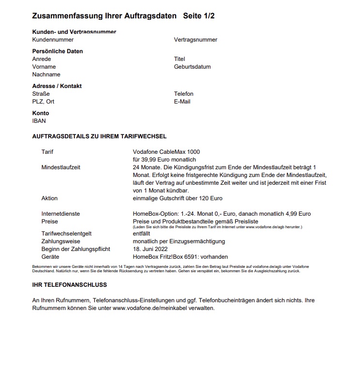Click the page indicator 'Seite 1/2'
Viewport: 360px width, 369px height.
pyautogui.click(x=198, y=16)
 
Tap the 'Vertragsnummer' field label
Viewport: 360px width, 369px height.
pyautogui.click(x=195, y=40)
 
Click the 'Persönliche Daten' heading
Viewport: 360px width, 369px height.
pyautogui.click(x=57, y=51)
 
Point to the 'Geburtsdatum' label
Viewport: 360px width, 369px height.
pyautogui.click(x=192, y=67)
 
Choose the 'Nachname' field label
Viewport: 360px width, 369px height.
pyautogui.click(x=46, y=74)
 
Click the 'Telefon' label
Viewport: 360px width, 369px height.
pyautogui.click(x=183, y=94)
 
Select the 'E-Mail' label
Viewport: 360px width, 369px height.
pyautogui.click(x=182, y=102)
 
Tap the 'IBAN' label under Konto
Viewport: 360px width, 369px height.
pyautogui.click(x=39, y=121)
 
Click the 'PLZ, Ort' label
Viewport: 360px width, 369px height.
pyautogui.click(x=43, y=102)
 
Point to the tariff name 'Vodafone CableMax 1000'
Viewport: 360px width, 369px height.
pyautogui.click(x=166, y=152)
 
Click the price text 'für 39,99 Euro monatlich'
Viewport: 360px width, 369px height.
pyautogui.click(x=164, y=160)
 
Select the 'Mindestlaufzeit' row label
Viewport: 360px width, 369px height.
pyautogui.click(x=61, y=167)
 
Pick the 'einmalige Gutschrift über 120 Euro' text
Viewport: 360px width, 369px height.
pyautogui.click(x=178, y=198)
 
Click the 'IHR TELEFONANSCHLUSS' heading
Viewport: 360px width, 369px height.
pyautogui.click(x=69, y=285)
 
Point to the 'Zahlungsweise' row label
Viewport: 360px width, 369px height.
pyautogui.click(x=61, y=241)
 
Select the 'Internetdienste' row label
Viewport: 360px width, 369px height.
pyautogui.click(x=60, y=214)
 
